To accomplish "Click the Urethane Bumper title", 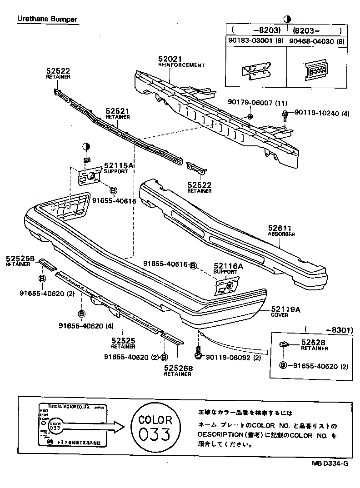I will point(47,19).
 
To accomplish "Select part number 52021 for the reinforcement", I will point(170,60).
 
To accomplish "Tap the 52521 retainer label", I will point(118,111).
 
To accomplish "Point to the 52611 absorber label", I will point(280,229).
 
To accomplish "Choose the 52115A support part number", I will point(118,166).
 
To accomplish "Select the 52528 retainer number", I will point(313,343).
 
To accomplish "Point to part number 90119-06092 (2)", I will point(234,357).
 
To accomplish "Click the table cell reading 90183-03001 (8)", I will point(255,41).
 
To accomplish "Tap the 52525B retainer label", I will point(20,259).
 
